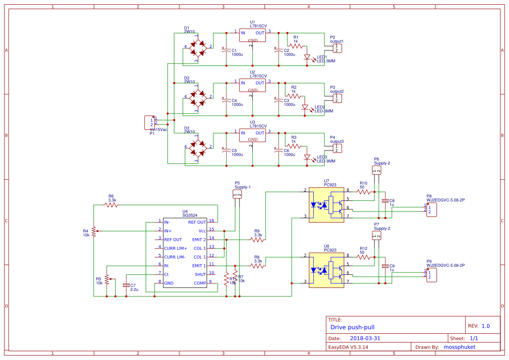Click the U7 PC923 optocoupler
click(x=326, y=204)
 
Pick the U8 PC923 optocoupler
click(x=326, y=270)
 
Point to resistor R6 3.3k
click(x=111, y=205)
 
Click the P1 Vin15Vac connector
click(x=149, y=123)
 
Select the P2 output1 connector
click(x=337, y=48)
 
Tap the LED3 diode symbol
click(x=307, y=157)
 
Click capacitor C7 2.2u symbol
click(x=126, y=285)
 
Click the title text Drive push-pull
click(x=352, y=327)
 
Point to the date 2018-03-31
click(x=365, y=338)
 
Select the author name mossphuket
click(x=459, y=347)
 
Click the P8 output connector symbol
click(x=431, y=210)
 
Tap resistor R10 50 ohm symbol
click(x=363, y=191)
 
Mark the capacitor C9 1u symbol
click(x=385, y=266)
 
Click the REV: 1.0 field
click(x=479, y=326)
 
